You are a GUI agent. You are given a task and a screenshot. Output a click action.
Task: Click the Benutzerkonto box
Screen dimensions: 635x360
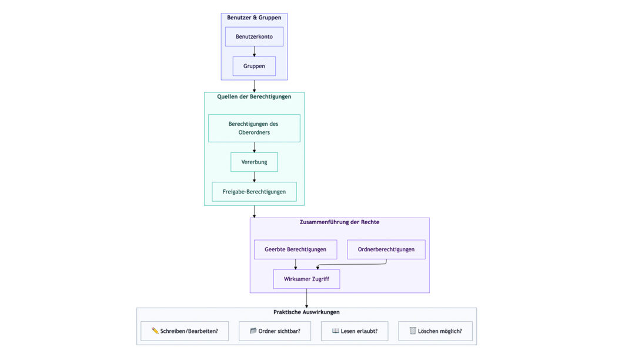click(254, 36)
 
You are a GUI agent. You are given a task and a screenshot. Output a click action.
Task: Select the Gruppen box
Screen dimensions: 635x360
click(254, 66)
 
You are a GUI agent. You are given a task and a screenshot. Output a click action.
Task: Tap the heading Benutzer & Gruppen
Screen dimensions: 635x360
click(254, 18)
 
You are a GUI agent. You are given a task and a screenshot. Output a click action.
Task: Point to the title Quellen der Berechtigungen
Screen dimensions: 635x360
click(254, 96)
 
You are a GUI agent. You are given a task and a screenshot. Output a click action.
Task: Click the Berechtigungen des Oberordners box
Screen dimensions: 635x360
click(254, 128)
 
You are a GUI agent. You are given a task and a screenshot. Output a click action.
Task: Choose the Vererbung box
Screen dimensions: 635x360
click(254, 162)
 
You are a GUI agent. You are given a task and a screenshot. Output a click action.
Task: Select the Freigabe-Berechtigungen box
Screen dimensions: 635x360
click(254, 192)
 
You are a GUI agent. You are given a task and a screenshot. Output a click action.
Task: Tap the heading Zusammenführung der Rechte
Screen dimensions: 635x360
click(339, 222)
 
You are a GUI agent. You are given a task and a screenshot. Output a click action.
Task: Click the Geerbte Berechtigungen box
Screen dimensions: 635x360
click(295, 249)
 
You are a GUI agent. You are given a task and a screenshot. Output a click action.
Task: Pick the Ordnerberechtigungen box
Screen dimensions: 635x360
click(386, 249)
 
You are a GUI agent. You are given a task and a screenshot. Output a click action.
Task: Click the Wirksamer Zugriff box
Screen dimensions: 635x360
click(306, 279)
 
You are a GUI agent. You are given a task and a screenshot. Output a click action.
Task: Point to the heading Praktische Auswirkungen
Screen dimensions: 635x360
click(306, 312)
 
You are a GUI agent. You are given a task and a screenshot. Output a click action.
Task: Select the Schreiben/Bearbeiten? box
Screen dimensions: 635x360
click(185, 331)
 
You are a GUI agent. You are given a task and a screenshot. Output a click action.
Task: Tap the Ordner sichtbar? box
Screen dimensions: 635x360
click(275, 331)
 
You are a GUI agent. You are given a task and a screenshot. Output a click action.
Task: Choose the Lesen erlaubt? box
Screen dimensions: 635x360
click(355, 331)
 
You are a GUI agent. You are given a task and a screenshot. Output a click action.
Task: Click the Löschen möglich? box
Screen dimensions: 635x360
click(435, 331)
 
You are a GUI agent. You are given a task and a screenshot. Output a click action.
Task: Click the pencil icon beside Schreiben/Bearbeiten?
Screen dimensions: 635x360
click(155, 331)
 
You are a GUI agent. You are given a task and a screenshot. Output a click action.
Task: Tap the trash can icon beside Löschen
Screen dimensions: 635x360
click(413, 331)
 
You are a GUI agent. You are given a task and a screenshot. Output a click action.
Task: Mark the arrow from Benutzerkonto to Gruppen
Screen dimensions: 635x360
click(255, 51)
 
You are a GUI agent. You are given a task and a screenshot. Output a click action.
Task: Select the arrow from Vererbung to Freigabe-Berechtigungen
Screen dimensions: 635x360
click(255, 177)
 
